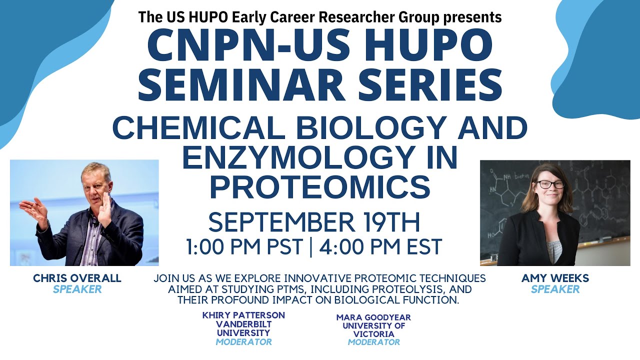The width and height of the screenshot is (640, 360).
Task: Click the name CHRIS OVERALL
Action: click(x=77, y=278)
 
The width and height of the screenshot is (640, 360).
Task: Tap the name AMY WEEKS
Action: click(x=555, y=278)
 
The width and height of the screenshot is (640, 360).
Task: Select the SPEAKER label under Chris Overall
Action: click(x=77, y=289)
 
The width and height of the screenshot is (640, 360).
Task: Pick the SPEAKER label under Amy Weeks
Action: click(x=555, y=289)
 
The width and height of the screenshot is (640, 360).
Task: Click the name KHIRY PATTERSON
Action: click(x=243, y=315)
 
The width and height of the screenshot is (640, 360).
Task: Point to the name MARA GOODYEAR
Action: click(x=373, y=317)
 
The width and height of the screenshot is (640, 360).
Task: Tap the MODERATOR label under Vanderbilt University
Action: click(x=243, y=342)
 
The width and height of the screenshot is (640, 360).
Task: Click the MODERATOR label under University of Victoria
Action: click(x=373, y=342)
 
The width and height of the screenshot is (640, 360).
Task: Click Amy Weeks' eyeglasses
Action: click(x=550, y=184)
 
